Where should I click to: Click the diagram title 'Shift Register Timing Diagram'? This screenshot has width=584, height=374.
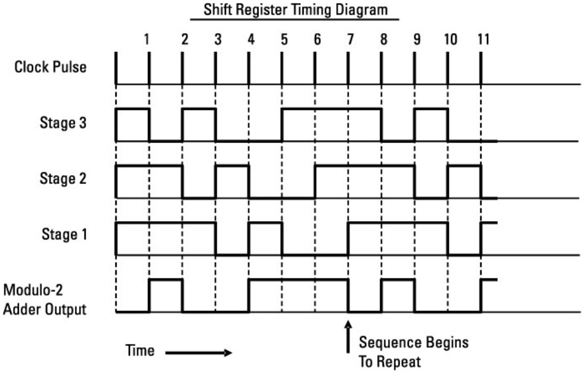[x=295, y=10]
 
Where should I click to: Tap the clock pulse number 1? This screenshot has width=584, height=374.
[x=147, y=39]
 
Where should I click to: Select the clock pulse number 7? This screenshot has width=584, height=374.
[x=350, y=39]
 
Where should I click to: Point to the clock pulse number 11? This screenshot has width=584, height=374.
[x=483, y=39]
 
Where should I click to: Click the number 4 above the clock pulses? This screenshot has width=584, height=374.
[x=251, y=39]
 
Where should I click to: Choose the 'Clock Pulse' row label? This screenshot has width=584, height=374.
[x=50, y=67]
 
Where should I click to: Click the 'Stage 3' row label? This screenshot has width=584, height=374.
[x=63, y=123]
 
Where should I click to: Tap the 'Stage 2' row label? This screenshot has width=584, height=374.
[x=63, y=178]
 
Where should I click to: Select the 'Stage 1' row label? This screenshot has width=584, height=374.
[x=64, y=234]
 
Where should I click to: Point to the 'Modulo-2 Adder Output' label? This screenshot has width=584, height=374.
[x=44, y=300]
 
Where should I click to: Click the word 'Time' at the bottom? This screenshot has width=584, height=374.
[x=140, y=351]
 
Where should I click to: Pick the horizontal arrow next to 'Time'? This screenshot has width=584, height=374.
[x=199, y=353]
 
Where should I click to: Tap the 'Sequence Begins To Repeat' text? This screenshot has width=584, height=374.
[x=413, y=352]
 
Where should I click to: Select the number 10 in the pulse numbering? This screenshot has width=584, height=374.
[x=450, y=39]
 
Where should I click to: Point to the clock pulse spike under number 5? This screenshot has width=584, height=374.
[x=282, y=68]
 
